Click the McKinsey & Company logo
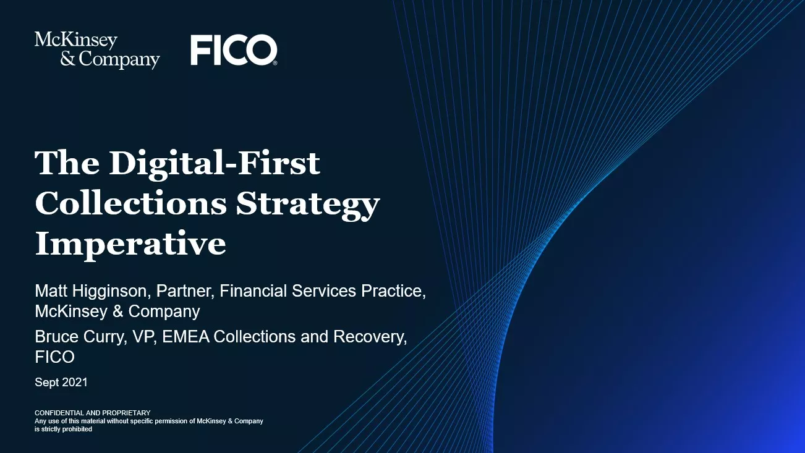point(97,50)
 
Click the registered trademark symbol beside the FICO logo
point(275,63)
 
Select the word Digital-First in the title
point(215,163)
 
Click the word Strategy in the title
point(308,203)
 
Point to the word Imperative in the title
point(130,244)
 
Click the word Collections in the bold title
point(130,203)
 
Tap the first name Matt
point(50,290)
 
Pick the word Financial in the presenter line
point(256,290)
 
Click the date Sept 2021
point(61,383)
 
